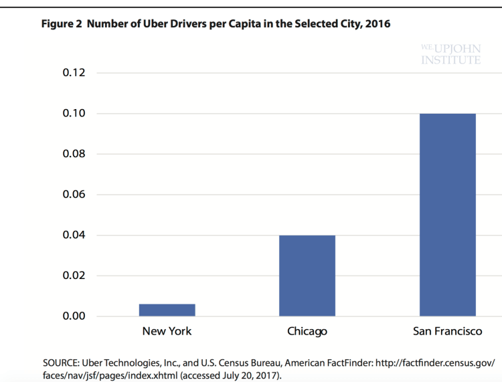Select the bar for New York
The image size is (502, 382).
tap(167, 310)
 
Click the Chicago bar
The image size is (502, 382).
tap(307, 276)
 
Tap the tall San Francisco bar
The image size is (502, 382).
tap(447, 215)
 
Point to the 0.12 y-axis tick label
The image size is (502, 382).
tap(74, 73)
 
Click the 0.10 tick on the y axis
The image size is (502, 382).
tap(74, 114)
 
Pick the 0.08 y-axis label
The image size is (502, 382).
tap(74, 155)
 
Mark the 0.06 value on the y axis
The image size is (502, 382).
tap(74, 195)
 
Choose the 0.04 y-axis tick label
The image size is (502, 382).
tap(74, 235)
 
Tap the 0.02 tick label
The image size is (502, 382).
tap(74, 276)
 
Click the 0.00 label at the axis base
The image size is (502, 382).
tap(74, 316)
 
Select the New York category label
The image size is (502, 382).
tap(167, 331)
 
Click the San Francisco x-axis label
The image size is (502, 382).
tap(447, 331)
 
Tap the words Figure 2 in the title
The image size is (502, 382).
tap(61, 24)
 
